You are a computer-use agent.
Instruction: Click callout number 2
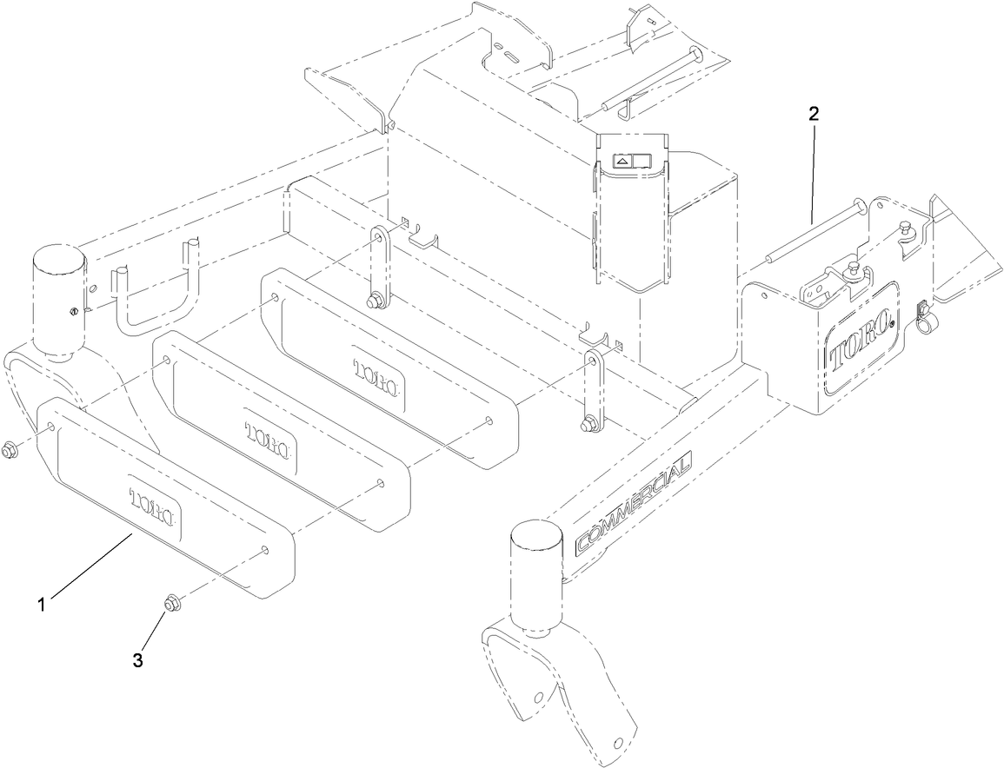[x=813, y=113]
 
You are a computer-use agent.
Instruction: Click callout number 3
[x=137, y=660]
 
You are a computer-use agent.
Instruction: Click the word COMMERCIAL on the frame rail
[x=632, y=504]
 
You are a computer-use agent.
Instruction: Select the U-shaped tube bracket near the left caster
[x=156, y=294]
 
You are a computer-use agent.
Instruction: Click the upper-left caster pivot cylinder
[x=58, y=300]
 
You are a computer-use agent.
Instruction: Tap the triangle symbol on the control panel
[x=623, y=161]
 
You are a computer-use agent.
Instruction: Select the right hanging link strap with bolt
[x=593, y=389]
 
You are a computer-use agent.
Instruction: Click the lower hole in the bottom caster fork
[x=618, y=741]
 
